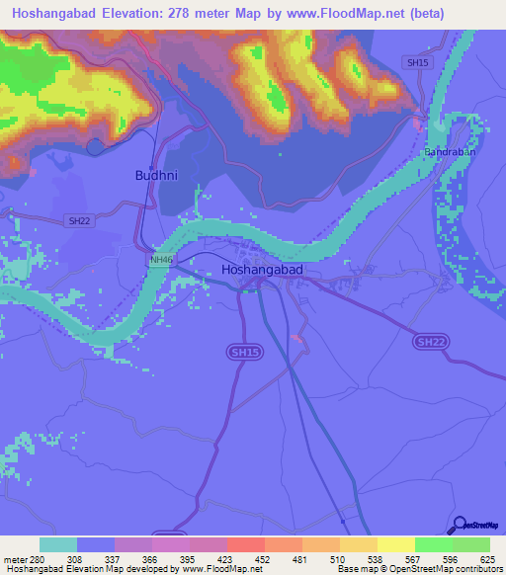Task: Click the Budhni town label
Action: [x=154, y=175]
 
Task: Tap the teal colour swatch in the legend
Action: [x=58, y=544]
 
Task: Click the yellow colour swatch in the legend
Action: [x=395, y=544]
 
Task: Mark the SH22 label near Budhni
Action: [x=78, y=221]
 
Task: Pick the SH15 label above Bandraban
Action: [x=419, y=62]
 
